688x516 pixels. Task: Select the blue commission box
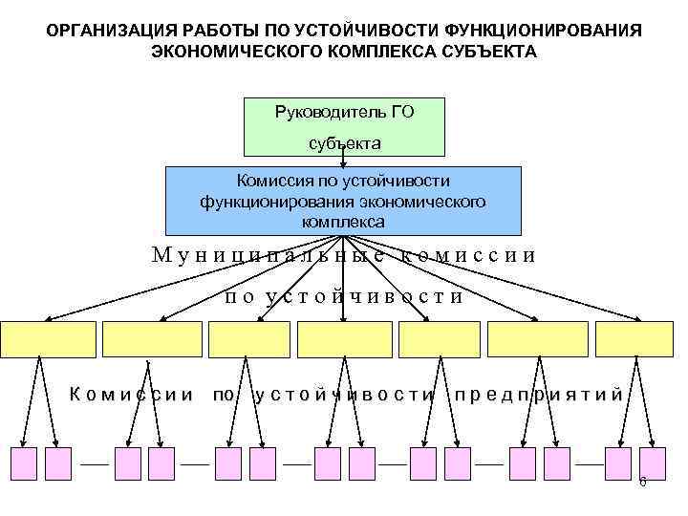344,201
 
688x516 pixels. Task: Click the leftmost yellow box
48,339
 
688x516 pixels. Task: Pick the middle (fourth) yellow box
345,339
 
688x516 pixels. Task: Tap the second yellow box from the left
152,339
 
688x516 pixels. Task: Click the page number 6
642,482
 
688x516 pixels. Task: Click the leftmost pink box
23,462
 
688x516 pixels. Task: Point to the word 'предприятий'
540,394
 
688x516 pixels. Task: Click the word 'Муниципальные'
269,255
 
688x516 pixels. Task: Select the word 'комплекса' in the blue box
344,221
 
